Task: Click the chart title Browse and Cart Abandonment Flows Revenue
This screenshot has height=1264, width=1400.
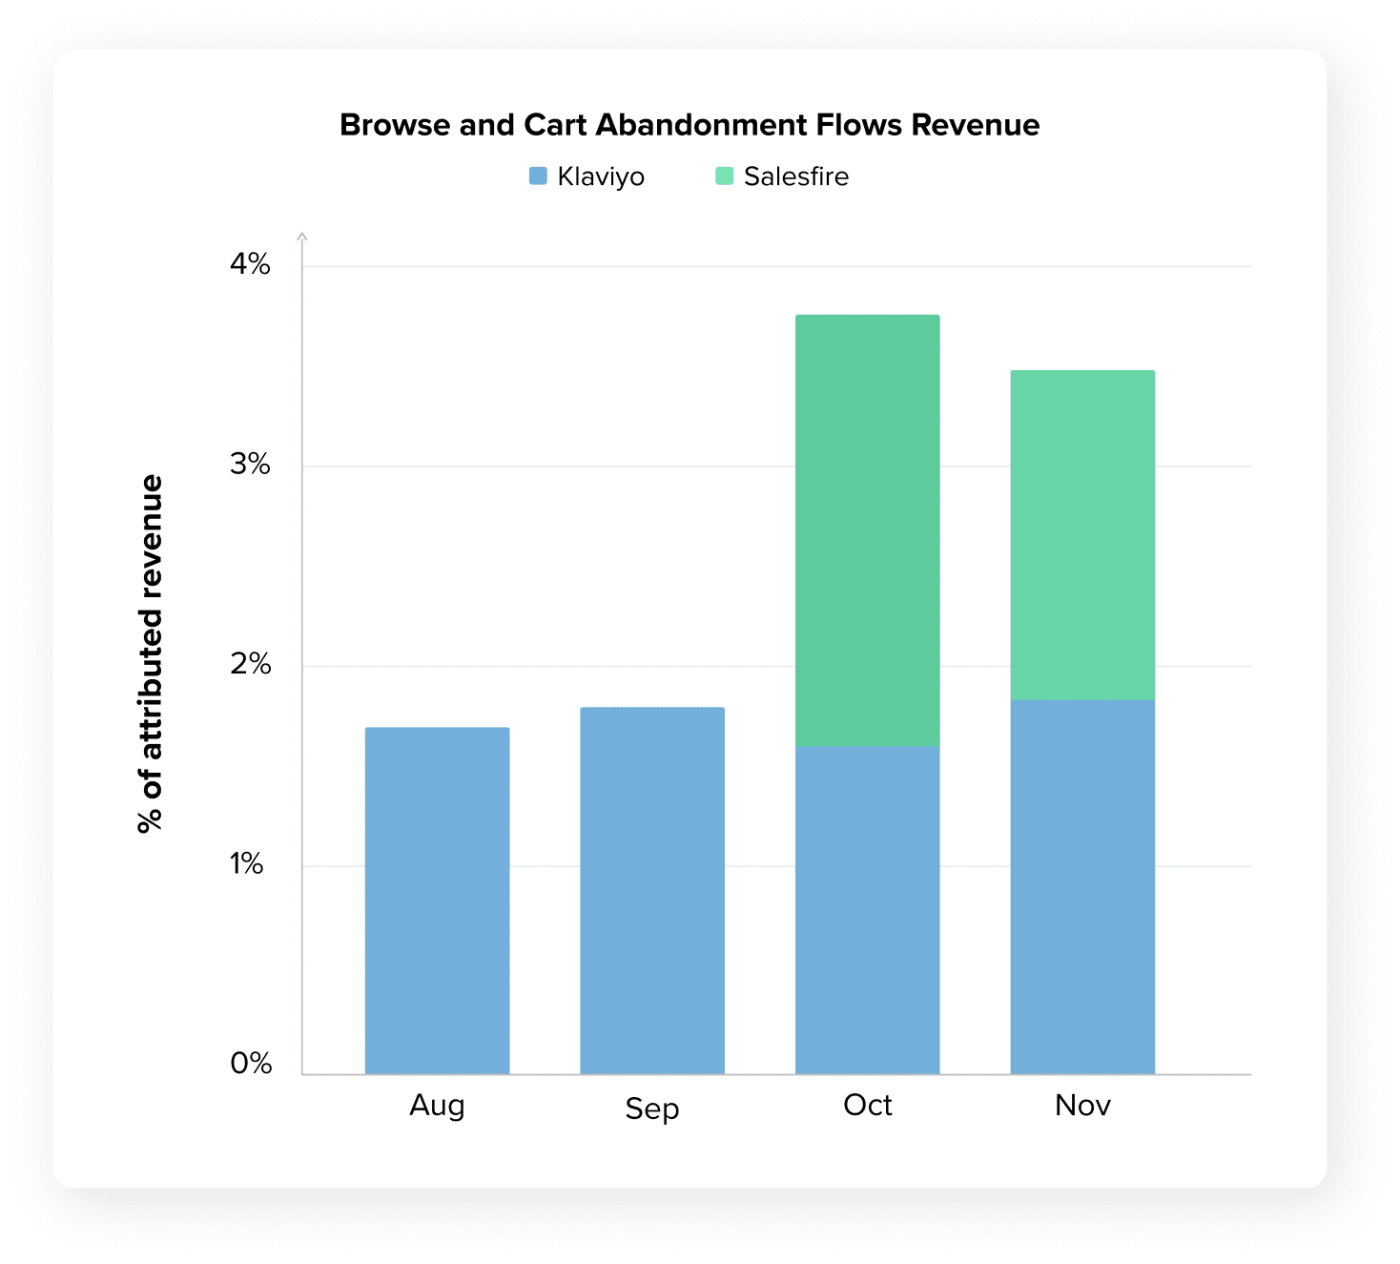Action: pyautogui.click(x=690, y=125)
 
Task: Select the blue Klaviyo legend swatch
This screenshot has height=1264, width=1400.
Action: pyautogui.click(x=538, y=176)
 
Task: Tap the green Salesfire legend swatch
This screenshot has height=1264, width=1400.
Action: pyautogui.click(x=725, y=176)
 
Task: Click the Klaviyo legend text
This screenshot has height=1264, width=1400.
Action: pyautogui.click(x=601, y=176)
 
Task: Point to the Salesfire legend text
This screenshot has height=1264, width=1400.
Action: pyautogui.click(x=796, y=176)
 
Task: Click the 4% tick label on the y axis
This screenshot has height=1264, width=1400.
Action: pyautogui.click(x=250, y=264)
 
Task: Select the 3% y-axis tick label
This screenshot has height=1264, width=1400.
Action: pyautogui.click(x=250, y=465)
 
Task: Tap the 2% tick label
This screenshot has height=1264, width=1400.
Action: pyautogui.click(x=250, y=664)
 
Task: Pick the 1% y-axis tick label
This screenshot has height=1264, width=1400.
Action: pyautogui.click(x=246, y=864)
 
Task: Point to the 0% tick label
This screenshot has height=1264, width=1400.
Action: pyautogui.click(x=251, y=1064)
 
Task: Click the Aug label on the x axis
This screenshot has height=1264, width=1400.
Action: pyautogui.click(x=437, y=1105)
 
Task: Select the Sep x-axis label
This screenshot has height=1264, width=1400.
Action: pyautogui.click(x=652, y=1109)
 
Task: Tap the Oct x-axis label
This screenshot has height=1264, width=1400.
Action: pyautogui.click(x=868, y=1105)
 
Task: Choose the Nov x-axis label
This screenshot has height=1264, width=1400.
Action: pyautogui.click(x=1082, y=1105)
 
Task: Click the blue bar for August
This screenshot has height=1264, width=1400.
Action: pyautogui.click(x=437, y=901)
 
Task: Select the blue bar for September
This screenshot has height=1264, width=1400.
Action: pyautogui.click(x=652, y=891)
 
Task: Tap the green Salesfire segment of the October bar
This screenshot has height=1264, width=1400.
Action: pyautogui.click(x=868, y=529)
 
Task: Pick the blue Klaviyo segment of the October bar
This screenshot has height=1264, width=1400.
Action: pyautogui.click(x=868, y=910)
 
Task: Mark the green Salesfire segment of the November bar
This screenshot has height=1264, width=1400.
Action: pyautogui.click(x=1082, y=534)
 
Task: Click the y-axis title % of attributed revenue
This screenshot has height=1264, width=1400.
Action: pyautogui.click(x=151, y=654)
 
